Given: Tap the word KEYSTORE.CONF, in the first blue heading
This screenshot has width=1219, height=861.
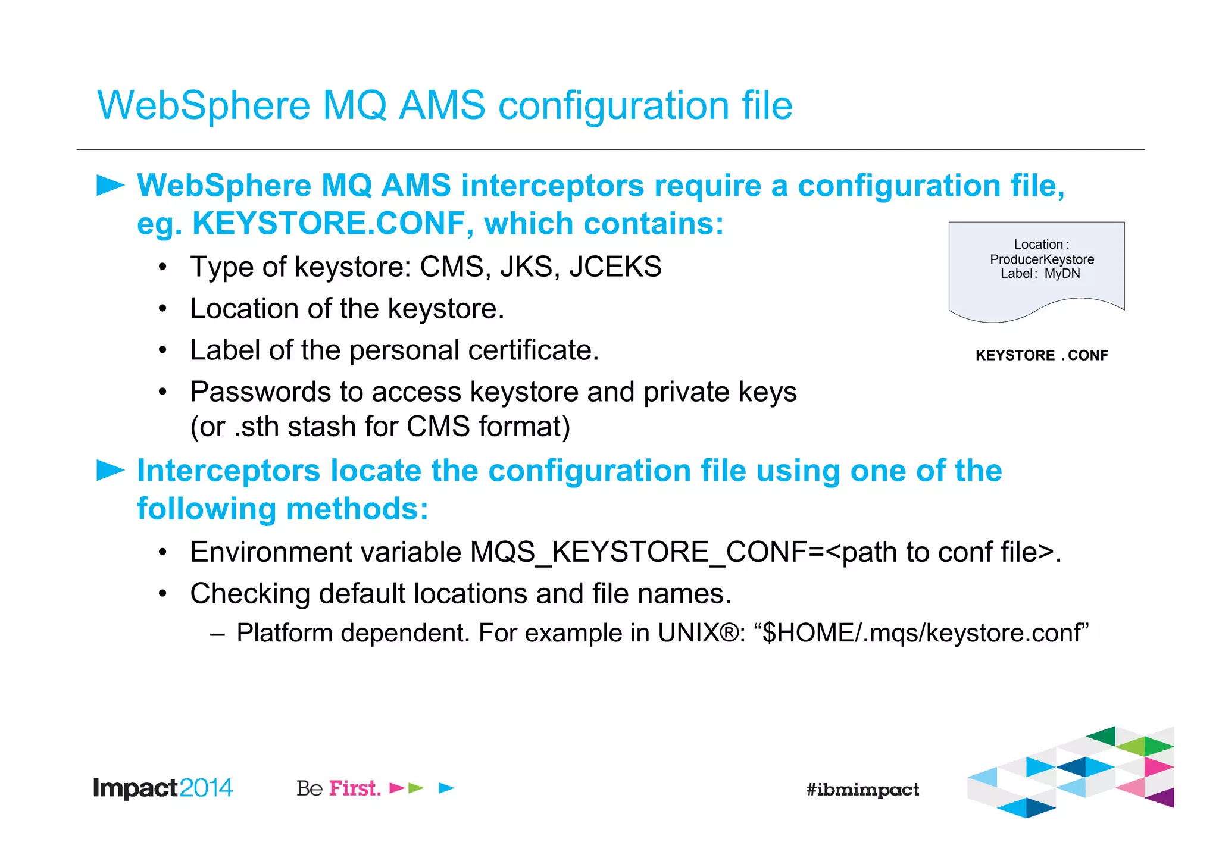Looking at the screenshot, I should (x=329, y=224).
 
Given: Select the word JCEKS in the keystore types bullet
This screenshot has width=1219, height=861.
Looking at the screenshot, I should (x=615, y=267).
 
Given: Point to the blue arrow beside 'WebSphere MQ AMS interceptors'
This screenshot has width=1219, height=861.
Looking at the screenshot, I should (x=110, y=185).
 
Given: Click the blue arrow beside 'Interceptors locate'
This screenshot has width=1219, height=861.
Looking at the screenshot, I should (x=110, y=470).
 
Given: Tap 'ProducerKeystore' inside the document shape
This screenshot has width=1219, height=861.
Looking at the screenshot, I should (x=1042, y=259).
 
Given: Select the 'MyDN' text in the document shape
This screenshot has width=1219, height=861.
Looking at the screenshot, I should (x=1062, y=274).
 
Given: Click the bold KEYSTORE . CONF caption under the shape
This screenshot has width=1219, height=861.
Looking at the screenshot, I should (x=1042, y=355).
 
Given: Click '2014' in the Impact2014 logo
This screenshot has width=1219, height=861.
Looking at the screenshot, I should (x=205, y=788).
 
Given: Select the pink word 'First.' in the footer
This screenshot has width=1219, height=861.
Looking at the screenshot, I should (x=355, y=788).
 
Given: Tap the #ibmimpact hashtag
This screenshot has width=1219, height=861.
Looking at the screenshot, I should (x=862, y=790).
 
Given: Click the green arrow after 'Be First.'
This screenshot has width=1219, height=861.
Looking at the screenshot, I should (x=416, y=788).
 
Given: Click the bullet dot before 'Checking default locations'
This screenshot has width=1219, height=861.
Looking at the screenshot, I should (x=162, y=594).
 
